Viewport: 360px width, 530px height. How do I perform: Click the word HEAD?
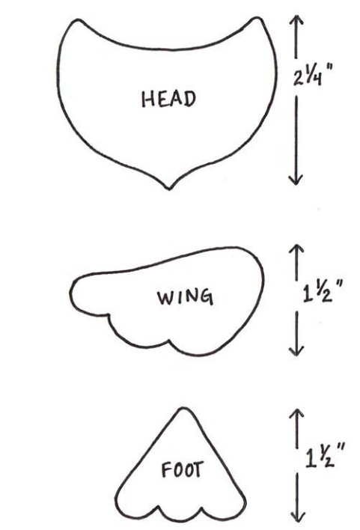click(x=168, y=99)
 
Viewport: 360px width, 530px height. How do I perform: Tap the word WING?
click(x=186, y=297)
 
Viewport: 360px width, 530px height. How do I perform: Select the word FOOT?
click(x=183, y=470)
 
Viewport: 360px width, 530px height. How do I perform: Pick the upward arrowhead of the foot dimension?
click(x=297, y=414)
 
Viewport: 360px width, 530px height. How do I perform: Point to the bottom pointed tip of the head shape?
click(x=169, y=189)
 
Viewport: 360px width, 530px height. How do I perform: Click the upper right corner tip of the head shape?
click(x=257, y=17)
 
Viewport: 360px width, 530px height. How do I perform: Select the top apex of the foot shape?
click(x=183, y=409)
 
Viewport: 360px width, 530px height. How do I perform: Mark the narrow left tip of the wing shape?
click(x=72, y=293)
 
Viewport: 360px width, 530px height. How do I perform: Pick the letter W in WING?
click(x=164, y=297)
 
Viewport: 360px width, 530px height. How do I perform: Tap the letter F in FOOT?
click(x=166, y=470)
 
